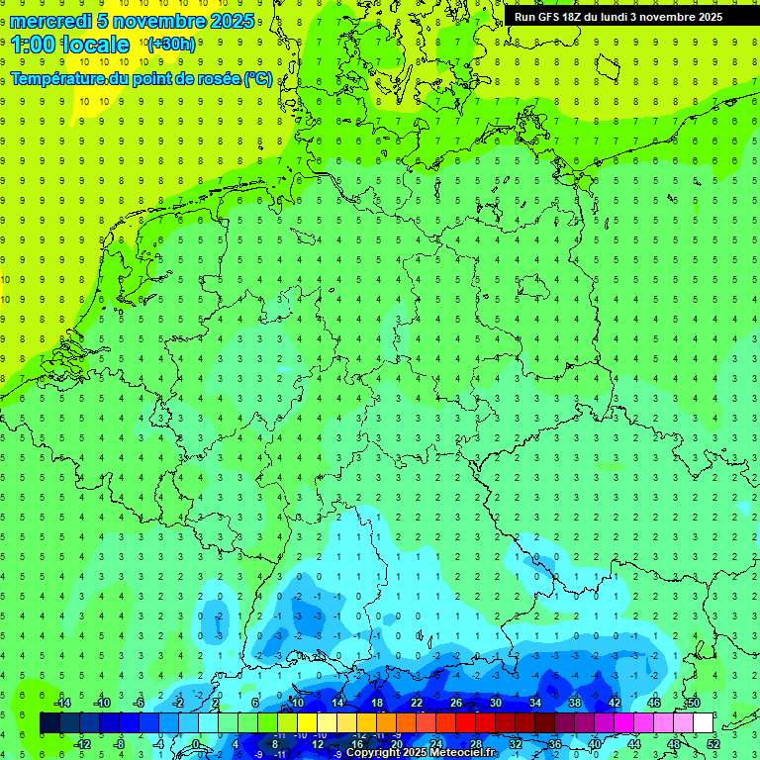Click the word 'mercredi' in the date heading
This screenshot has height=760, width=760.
tap(51, 21)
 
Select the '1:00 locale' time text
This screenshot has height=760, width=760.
tap(70, 45)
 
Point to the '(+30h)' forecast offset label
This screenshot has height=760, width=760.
tap(171, 45)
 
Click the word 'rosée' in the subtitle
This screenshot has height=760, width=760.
tap(216, 78)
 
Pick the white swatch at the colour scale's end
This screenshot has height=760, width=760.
tap(703, 723)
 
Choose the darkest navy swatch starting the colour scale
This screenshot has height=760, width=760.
tap(49, 723)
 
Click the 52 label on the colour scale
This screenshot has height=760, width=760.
tap(713, 744)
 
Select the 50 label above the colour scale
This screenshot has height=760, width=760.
tap(693, 703)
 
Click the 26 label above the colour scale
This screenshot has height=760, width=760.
tap(455, 703)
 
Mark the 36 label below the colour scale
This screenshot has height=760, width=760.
tap(555, 744)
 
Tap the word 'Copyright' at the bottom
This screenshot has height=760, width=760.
tap(373, 753)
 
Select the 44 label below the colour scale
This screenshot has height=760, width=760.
tap(634, 744)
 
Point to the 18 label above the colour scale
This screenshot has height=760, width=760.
tap(376, 703)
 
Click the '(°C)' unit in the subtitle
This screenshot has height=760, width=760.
tap(259, 78)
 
